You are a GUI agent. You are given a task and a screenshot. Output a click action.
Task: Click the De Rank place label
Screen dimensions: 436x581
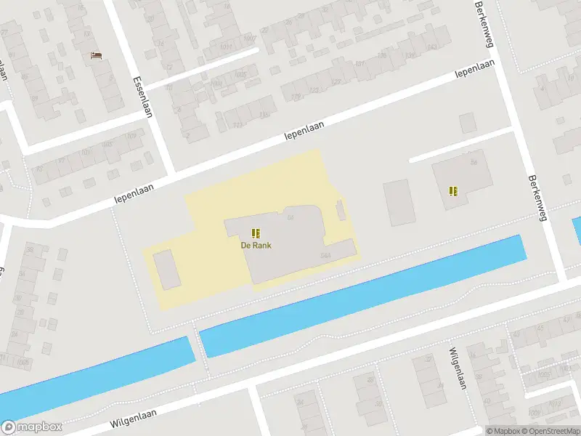pos(256,246)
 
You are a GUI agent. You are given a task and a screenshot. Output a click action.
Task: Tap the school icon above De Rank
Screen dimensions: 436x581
pos(256,233)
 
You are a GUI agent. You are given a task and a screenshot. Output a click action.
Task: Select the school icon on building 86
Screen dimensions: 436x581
pos(454,191)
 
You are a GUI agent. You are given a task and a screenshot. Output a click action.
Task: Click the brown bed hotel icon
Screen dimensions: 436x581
pos(96,54)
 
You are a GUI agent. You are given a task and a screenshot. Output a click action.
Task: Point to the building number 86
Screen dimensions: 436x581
pos(474,162)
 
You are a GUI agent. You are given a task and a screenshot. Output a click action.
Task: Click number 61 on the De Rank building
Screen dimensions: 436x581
pos(290,217)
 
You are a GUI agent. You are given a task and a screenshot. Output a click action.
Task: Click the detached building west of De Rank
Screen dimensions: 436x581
pos(167,268)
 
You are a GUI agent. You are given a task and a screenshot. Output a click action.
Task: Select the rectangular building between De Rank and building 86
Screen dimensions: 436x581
pos(399,202)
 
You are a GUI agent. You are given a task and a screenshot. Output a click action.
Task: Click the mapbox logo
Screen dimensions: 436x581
pos(32,427)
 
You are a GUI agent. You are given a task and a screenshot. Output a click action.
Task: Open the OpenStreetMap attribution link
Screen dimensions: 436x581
pos(549,431)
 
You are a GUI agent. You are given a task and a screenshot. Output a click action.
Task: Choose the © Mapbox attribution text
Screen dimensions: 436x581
pos(503,431)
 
